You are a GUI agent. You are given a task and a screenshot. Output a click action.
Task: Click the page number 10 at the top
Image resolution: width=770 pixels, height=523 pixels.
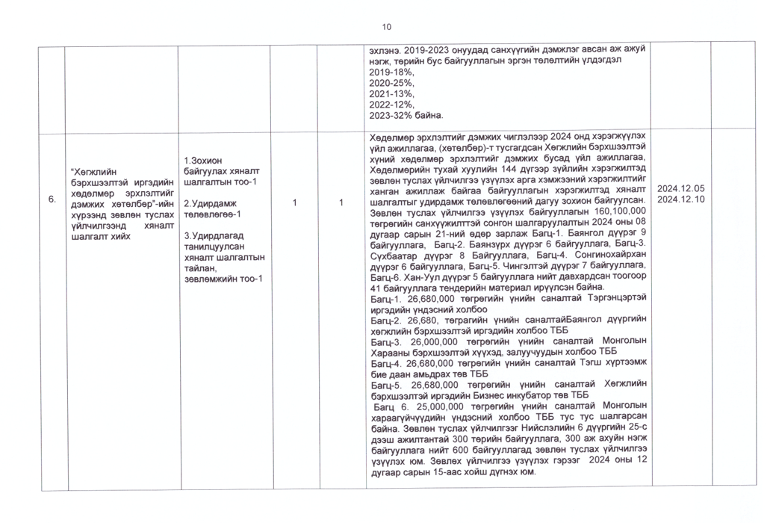(x=386, y=28)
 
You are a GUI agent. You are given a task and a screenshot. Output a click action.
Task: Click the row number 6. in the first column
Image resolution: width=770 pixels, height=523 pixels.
(x=51, y=199)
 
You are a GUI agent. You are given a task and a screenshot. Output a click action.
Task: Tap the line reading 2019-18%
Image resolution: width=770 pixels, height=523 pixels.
(x=391, y=72)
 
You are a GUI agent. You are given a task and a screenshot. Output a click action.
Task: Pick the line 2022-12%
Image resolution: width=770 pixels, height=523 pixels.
(x=391, y=105)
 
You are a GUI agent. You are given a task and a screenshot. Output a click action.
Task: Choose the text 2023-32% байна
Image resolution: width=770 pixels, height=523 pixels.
(x=407, y=116)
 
